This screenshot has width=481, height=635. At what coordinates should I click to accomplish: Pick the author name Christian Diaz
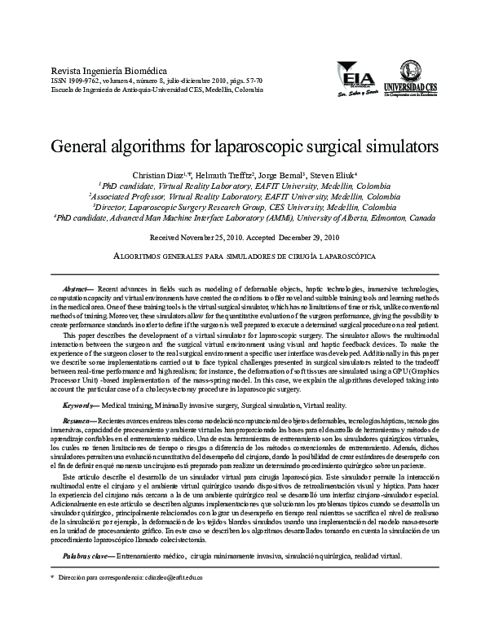coord(151,176)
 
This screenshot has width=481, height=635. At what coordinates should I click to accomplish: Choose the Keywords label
coord(80,404)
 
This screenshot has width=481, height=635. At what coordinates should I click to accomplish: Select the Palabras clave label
coord(89,556)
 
